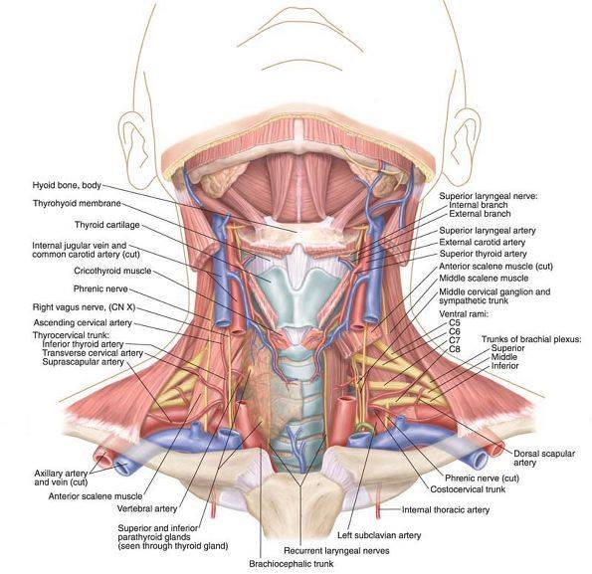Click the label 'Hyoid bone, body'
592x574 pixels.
(x=67, y=185)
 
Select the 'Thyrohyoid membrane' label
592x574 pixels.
(x=77, y=203)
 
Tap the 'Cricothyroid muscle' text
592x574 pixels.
(x=112, y=271)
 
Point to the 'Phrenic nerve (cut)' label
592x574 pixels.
(x=483, y=478)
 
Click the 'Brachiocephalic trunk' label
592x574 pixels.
(x=292, y=564)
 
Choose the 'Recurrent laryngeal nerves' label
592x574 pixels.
(x=336, y=550)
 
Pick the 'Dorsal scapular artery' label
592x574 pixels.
(x=544, y=459)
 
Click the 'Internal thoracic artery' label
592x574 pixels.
(x=446, y=510)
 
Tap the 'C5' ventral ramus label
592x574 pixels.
(x=455, y=323)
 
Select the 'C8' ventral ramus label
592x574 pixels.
(x=455, y=349)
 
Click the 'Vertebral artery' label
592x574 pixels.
(x=147, y=508)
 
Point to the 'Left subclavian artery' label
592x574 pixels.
(x=379, y=535)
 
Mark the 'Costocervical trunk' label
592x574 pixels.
(x=468, y=489)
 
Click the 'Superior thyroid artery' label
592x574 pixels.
(x=483, y=254)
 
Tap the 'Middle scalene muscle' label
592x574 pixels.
(x=484, y=279)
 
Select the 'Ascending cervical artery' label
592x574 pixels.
(x=83, y=322)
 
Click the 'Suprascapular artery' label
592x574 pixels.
(x=83, y=362)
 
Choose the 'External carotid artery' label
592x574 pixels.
(x=483, y=242)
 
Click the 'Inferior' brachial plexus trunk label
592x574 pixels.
(x=504, y=366)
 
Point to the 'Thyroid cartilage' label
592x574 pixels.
(x=107, y=225)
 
